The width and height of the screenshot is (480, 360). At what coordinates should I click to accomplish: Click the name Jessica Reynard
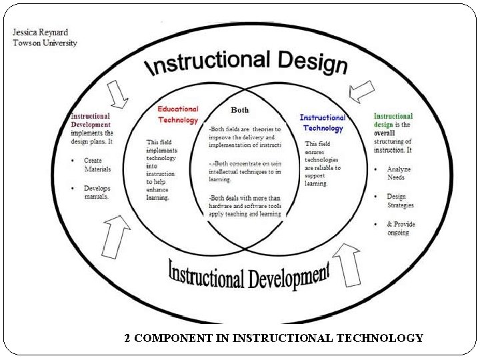(x=41, y=32)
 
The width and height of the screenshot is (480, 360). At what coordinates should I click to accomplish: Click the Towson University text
(x=45, y=43)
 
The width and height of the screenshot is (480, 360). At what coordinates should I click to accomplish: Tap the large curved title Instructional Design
(x=247, y=64)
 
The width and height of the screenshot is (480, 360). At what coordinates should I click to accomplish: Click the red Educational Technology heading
(x=178, y=115)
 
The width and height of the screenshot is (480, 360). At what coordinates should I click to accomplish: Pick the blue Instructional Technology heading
(x=323, y=123)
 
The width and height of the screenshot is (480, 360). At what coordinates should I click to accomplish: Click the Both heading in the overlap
(x=240, y=109)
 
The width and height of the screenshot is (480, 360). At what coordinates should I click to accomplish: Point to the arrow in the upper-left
(x=118, y=94)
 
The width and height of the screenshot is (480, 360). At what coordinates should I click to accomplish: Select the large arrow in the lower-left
(x=116, y=235)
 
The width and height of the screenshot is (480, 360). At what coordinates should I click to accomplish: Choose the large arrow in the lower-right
(x=347, y=263)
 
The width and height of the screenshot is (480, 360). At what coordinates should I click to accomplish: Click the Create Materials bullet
(x=97, y=165)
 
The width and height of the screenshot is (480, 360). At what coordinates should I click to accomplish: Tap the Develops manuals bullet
(x=97, y=193)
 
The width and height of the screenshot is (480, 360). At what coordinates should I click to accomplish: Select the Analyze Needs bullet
(x=399, y=173)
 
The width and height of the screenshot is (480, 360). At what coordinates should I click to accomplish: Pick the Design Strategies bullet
(x=400, y=201)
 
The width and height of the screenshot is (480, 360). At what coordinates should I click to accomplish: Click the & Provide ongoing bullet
(x=401, y=228)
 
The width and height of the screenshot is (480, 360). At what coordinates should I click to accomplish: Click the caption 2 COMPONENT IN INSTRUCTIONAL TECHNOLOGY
(x=273, y=338)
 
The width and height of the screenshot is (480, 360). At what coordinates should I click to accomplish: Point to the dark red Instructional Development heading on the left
(x=91, y=120)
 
